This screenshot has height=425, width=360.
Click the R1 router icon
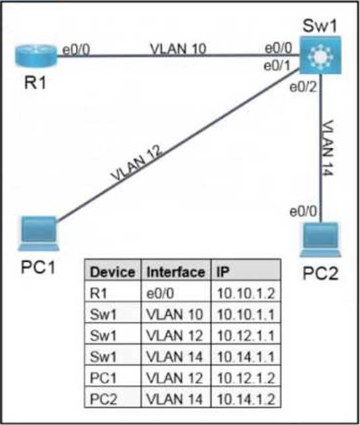pos(36,55)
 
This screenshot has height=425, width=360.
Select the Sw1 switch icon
pos(320,55)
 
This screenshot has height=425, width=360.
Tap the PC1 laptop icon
pos(38,234)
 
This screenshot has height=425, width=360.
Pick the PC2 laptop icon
pos(320,240)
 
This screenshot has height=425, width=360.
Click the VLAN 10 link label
pos(178,49)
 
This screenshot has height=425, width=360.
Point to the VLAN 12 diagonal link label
pos(137,163)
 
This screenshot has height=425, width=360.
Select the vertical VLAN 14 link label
pos(327,148)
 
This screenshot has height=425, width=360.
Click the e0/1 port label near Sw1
pos(277,66)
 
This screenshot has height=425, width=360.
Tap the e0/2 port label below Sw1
pos(303,87)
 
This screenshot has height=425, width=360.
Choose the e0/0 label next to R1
pos(76,50)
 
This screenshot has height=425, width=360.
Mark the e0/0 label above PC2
pos(303,211)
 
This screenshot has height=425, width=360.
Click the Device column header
pos(113,272)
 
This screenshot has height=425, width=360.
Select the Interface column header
pos(176,272)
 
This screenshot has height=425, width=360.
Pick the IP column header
pos(223,272)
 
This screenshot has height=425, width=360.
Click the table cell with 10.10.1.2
pos(246,293)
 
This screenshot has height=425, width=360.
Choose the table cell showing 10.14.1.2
pos(246,399)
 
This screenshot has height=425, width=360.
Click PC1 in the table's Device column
pos(103,378)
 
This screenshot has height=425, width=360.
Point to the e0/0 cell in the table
pos(160,293)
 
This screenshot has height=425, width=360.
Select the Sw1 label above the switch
pos(319,26)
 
